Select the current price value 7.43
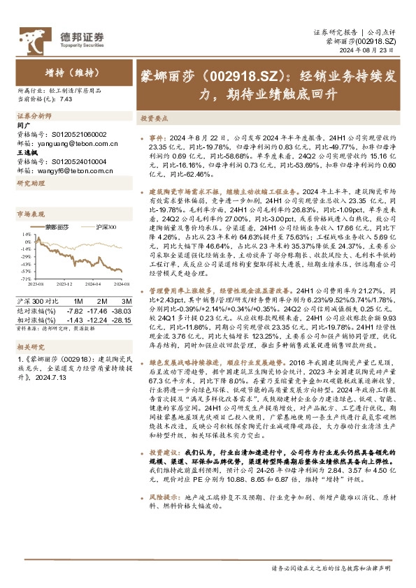pyautogui.click(x=66, y=99)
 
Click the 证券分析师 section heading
pyautogui.click(x=32, y=116)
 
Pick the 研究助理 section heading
pyautogui.click(x=30, y=183)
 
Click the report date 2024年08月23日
pyautogui.click(x=375, y=51)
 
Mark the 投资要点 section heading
pyautogui.click(x=152, y=119)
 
